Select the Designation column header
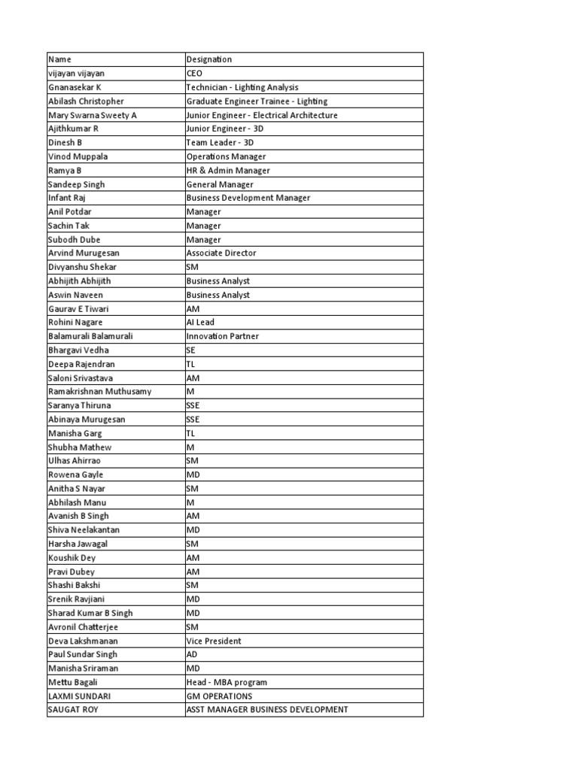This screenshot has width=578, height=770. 209,59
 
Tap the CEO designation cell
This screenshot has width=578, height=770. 194,74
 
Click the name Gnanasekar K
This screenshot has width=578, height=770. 75,87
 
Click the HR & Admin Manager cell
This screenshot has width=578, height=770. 228,170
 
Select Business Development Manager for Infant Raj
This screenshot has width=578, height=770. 248,198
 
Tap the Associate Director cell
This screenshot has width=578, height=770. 221,253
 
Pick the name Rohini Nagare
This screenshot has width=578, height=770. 75,322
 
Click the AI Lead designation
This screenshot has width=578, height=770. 200,322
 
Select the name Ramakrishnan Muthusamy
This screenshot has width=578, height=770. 99,391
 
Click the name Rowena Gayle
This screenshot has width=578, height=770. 75,474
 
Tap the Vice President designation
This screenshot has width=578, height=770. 214,641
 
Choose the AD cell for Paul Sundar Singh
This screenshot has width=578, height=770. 193,654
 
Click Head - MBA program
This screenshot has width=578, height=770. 227,682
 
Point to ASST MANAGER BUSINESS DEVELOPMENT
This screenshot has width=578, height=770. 267,710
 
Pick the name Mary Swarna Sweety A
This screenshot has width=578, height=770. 93,115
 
